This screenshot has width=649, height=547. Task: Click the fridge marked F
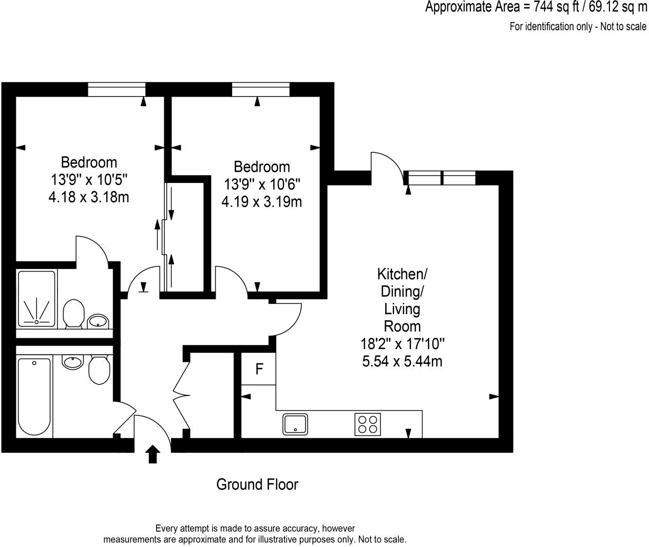pos(259,369)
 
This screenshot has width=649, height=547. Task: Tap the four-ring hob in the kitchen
pos(368,424)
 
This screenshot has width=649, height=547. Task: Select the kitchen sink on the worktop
pos(295,424)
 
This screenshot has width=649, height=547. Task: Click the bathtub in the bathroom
pos(34,396)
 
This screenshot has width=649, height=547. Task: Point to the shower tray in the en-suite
pos(36,298)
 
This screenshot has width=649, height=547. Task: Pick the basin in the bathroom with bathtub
pos(72,362)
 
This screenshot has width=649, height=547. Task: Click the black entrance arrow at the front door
pos(152,455)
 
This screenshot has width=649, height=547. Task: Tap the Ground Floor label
pos(257,484)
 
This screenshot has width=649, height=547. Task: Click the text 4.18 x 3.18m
pos(88,197)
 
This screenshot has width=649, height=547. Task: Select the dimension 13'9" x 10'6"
pos(261,184)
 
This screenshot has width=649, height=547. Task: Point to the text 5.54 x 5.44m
pos(402,361)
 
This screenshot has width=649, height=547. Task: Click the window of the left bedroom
pos(117,89)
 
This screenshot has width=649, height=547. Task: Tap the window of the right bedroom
pos(261,89)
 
